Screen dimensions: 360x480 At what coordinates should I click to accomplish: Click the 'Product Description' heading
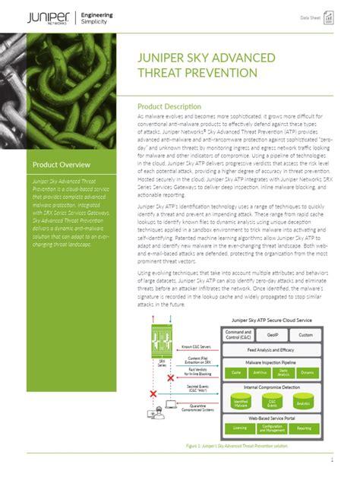click(x=169, y=106)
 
